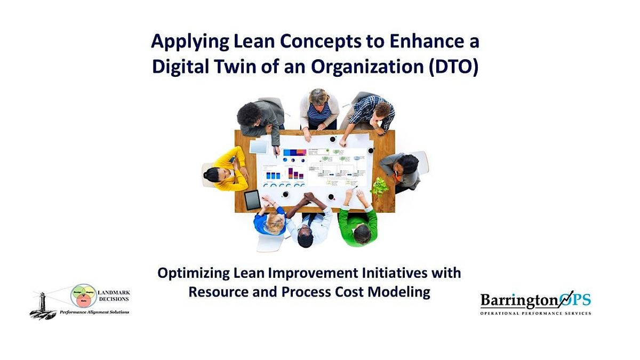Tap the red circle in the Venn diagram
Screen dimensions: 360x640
click(83, 301)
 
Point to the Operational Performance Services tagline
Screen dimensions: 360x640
click(535, 313)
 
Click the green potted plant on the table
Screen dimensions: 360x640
click(380, 187)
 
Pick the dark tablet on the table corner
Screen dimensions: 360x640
click(252, 200)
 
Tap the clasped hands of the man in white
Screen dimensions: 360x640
click(310, 198)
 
